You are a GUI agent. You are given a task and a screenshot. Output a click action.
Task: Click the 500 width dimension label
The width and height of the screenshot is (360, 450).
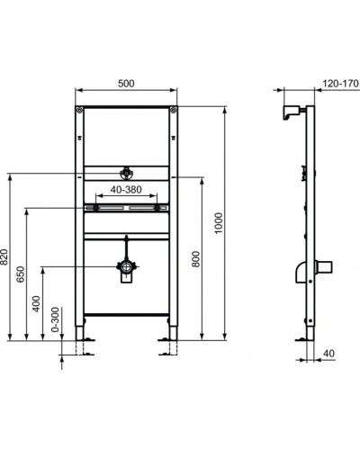coord(125,83)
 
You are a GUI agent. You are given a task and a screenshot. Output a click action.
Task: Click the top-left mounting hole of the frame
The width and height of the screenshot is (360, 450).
coord(81,112)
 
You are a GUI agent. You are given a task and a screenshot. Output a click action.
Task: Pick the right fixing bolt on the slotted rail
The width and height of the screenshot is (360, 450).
coord(159,209)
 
